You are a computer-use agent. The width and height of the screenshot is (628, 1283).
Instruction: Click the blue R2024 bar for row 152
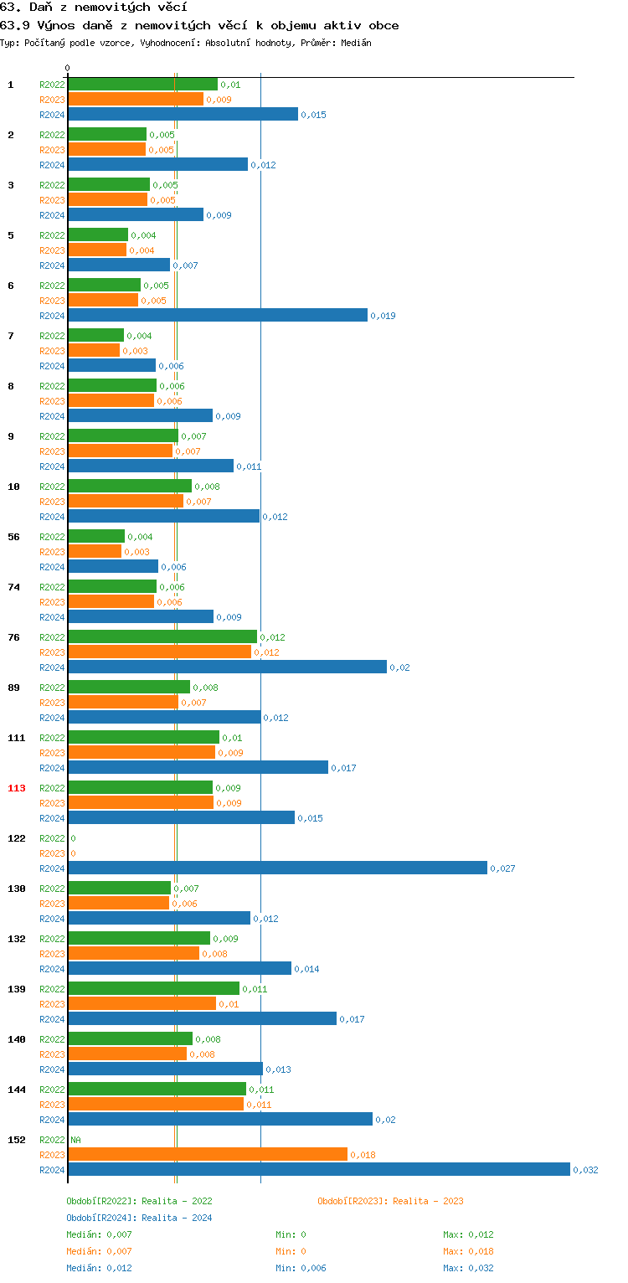point(318,1169)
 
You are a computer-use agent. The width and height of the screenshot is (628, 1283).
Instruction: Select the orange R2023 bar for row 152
point(207,1154)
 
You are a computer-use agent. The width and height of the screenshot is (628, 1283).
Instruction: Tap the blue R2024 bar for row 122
point(277,868)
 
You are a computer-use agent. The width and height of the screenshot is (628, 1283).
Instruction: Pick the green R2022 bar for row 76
point(162,636)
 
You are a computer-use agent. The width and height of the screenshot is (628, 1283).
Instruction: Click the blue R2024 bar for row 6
point(217,315)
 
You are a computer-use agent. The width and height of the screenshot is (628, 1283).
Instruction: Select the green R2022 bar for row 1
point(142,84)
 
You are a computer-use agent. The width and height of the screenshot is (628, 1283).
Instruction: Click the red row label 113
point(16,788)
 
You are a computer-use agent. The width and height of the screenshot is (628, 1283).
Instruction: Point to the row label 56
point(13,537)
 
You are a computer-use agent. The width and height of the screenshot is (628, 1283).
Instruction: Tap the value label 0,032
point(585,1170)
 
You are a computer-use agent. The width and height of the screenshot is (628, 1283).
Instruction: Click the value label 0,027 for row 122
point(502,868)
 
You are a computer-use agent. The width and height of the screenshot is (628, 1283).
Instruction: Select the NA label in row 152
point(75,1140)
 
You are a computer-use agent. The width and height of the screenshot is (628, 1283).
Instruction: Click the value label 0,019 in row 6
point(383,316)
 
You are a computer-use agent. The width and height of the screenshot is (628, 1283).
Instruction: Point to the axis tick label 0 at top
point(68,68)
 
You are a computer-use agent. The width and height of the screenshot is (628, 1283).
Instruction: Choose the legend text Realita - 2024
point(177,1218)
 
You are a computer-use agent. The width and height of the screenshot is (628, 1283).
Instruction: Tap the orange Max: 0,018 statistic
point(468,1251)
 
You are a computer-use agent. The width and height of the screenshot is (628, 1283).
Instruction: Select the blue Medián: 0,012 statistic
point(99,1268)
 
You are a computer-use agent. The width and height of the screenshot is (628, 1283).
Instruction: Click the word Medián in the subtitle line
point(356,42)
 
